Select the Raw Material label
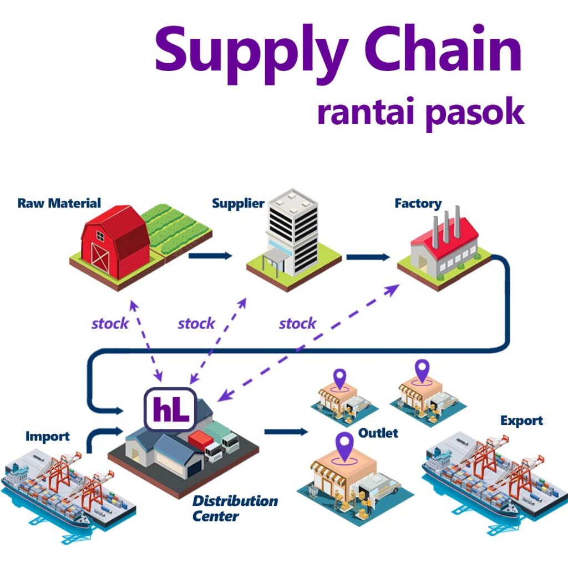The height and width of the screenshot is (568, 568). coord(59,203)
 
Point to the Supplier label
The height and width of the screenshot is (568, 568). coord(238,204)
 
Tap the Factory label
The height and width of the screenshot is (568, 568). coord(418,204)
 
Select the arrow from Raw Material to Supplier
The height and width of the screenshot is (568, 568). coord(210,256)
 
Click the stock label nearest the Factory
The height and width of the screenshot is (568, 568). coord(297,323)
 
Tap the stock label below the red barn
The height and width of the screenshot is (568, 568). coord(110,323)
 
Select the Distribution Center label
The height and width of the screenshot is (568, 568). coord(234,508)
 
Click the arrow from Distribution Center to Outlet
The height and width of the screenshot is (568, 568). coord(286,431)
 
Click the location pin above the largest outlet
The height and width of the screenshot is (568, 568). coord(346,447)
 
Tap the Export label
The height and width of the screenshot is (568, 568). coord(521,420)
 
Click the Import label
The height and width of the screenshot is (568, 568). coord(48,437)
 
